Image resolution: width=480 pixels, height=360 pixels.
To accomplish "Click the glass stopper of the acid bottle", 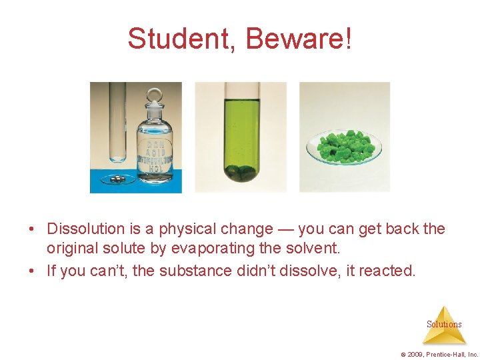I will (155, 96).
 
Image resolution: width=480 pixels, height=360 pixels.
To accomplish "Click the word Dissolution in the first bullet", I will (86, 229).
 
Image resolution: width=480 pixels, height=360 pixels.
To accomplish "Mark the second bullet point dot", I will (32, 271).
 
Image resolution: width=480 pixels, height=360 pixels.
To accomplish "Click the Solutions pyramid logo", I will (444, 324).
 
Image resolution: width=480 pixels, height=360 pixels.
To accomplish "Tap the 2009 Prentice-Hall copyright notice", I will (438, 353).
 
